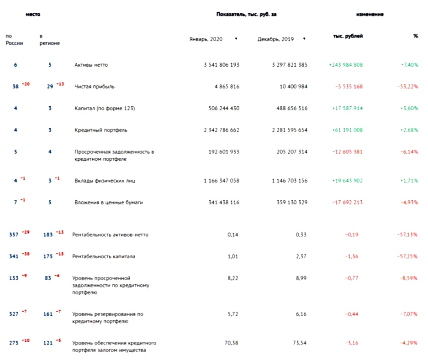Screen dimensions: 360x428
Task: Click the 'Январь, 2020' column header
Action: click(206, 39)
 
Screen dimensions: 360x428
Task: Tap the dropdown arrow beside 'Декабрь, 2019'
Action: click(304, 39)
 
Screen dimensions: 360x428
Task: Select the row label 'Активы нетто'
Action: click(91, 65)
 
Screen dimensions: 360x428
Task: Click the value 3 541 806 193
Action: click(222, 65)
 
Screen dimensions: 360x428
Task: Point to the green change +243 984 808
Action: click(346, 65)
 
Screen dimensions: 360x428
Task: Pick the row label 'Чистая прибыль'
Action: click(95, 86)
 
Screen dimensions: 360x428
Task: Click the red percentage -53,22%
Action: click(407, 86)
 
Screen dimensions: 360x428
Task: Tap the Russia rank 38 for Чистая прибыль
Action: click(16, 86)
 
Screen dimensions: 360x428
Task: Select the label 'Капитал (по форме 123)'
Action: click(105, 108)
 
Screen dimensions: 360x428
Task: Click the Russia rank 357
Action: click(14, 235)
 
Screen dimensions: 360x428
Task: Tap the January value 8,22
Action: click(233, 277)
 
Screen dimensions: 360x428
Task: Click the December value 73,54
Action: click(301, 342)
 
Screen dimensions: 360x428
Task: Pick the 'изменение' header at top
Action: click(370, 14)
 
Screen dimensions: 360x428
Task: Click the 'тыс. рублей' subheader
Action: click(348, 36)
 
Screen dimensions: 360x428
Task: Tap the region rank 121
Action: click(48, 343)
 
